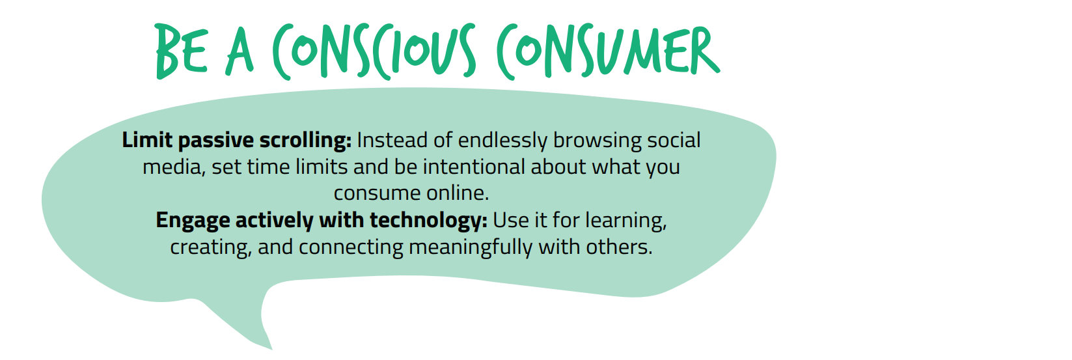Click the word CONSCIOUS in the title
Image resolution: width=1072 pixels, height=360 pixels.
(x=374, y=51)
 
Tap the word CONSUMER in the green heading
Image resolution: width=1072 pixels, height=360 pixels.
(x=609, y=51)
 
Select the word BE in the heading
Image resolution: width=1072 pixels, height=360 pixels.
(x=182, y=51)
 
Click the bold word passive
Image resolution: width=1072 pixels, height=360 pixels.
(x=216, y=141)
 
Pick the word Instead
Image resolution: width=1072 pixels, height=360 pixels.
(x=392, y=140)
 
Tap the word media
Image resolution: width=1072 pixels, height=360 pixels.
(x=174, y=167)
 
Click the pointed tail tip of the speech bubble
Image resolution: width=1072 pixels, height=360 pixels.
(x=271, y=349)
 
